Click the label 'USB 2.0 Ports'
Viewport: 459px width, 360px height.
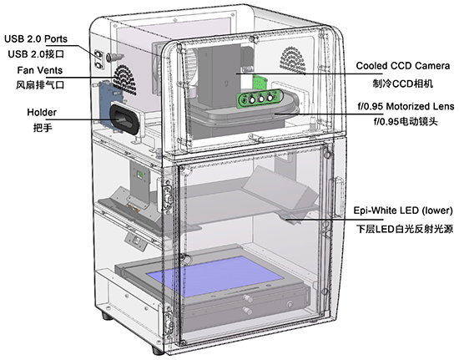pyautogui.click(x=36, y=39)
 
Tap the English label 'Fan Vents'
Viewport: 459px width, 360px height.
pyautogui.click(x=40, y=70)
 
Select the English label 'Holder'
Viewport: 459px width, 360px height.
pyautogui.click(x=42, y=112)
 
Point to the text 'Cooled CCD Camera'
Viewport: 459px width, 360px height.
pyautogui.click(x=403, y=66)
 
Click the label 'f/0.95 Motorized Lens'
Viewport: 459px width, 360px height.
pyautogui.click(x=406, y=106)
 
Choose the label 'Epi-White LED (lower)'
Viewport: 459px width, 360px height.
pyautogui.click(x=403, y=210)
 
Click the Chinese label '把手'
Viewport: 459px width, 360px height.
pyautogui.click(x=43, y=128)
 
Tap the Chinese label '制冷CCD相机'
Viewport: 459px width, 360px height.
pyautogui.click(x=403, y=84)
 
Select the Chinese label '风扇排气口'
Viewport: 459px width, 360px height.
pyautogui.click(x=40, y=85)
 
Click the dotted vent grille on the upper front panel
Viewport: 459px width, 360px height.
pyautogui.click(x=294, y=60)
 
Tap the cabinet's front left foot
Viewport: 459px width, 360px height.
pyautogui.click(x=156, y=350)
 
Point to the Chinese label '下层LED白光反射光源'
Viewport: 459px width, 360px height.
pyautogui.click(x=405, y=229)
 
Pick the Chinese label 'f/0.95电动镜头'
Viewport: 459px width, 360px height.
pyautogui.click(x=406, y=121)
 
